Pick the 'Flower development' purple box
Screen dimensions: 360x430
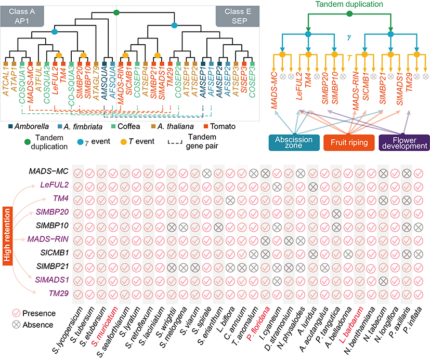click(403, 143)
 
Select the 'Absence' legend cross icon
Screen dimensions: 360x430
click(17, 325)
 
